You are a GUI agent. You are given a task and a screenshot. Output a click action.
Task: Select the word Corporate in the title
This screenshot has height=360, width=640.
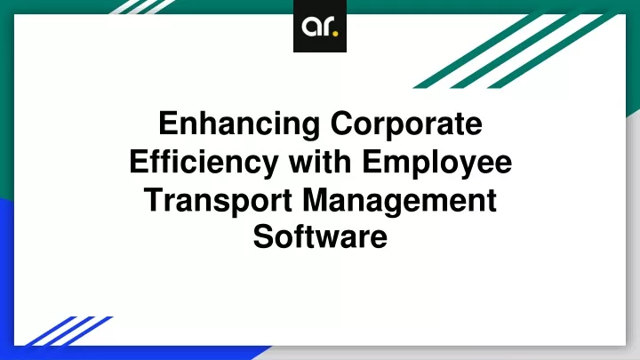pyautogui.click(x=406, y=123)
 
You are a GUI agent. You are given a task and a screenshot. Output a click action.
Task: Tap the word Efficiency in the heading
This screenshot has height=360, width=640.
pyautogui.click(x=204, y=163)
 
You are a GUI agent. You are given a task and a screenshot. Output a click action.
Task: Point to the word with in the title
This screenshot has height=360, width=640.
pyautogui.click(x=320, y=161)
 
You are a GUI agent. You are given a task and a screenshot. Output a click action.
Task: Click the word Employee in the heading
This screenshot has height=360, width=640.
pyautogui.click(x=436, y=163)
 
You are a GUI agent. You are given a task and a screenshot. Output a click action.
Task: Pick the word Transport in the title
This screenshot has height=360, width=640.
pyautogui.click(x=219, y=201)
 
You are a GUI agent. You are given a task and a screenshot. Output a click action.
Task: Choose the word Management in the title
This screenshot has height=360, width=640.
pyautogui.click(x=400, y=201)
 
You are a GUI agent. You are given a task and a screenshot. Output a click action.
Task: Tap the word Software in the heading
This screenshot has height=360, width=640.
pyautogui.click(x=320, y=236)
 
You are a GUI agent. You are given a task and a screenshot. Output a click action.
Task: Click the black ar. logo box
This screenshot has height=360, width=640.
pyautogui.click(x=320, y=26)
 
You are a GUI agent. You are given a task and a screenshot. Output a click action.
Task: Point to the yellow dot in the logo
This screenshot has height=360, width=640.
pyautogui.click(x=335, y=34)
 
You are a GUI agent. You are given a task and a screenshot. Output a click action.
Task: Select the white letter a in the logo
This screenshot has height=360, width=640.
pyautogui.click(x=310, y=27)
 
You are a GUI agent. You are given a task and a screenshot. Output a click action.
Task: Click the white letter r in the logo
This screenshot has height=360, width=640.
pyautogui.click(x=327, y=27)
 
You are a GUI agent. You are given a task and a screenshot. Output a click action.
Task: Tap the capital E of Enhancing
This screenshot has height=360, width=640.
pyautogui.click(x=169, y=123)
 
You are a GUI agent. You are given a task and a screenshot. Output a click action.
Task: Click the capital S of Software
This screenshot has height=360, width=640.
pyautogui.click(x=263, y=236)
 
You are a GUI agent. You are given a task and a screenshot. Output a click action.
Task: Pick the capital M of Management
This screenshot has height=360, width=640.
pyautogui.click(x=316, y=200)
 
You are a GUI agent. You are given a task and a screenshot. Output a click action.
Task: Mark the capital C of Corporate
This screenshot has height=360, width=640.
pyautogui.click(x=342, y=123)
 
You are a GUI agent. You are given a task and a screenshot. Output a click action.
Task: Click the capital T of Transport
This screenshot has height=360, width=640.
pyautogui.click(x=155, y=200)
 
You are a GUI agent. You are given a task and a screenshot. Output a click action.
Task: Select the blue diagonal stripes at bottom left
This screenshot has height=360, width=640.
pyautogui.click(x=69, y=331)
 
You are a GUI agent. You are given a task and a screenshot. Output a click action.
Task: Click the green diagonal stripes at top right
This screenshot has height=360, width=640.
pyautogui.click(x=516, y=51)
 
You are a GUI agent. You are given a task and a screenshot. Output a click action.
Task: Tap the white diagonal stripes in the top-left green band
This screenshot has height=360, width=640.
pyautogui.click(x=143, y=7)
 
